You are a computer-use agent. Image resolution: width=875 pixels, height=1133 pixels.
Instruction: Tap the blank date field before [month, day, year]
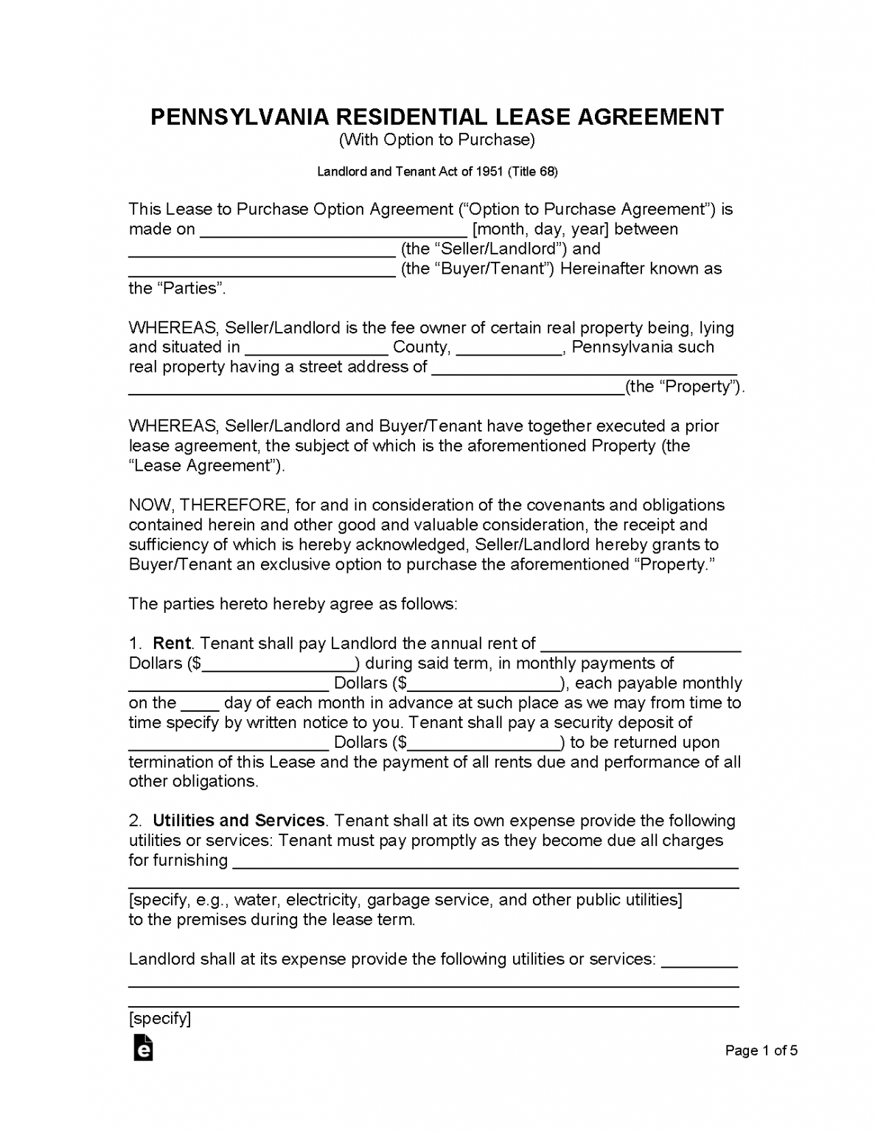[x=333, y=230]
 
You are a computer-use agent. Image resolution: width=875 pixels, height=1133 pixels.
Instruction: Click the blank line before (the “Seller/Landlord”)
[x=262, y=250]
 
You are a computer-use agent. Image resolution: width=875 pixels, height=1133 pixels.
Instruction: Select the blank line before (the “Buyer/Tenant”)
[x=262, y=270]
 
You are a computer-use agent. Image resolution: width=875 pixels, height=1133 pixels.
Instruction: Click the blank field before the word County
[x=316, y=348]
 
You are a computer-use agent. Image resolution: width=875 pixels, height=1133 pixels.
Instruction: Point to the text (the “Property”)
[x=684, y=387]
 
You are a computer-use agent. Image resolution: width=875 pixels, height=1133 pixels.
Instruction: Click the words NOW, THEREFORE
[x=208, y=505]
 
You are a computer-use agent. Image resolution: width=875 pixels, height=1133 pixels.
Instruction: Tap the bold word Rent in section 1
[x=171, y=643]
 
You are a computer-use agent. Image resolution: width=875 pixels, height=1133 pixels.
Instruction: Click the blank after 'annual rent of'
[x=640, y=645]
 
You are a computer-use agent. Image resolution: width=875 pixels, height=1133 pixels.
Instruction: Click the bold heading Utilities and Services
[x=238, y=821]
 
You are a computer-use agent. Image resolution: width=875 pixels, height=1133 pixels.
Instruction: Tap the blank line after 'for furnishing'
[x=485, y=862]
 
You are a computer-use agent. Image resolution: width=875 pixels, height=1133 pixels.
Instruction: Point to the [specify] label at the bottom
[x=159, y=1019]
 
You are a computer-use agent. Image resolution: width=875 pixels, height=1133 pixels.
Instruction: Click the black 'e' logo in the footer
[x=143, y=1049]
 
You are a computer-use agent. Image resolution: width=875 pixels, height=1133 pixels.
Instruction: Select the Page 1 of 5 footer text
[x=761, y=1050]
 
